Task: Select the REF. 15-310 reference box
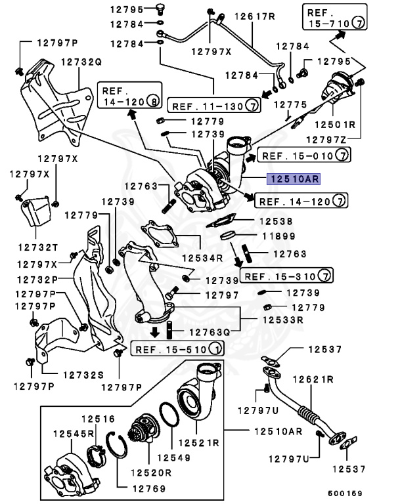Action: (287, 274)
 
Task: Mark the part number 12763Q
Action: (211, 332)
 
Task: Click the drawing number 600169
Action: (345, 493)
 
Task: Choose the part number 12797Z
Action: (333, 139)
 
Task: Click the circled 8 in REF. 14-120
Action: (152, 102)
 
